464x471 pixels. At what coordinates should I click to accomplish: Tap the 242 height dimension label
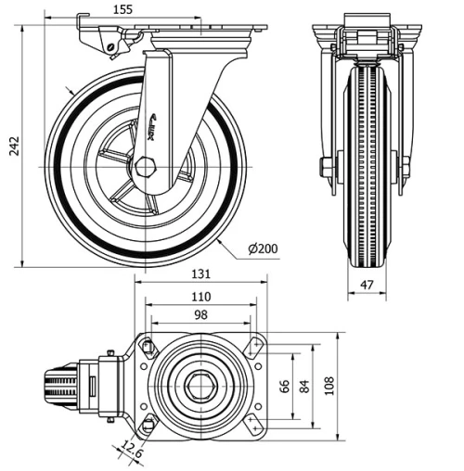[x=13, y=147]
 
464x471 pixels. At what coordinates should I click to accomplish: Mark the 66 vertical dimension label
[x=285, y=385]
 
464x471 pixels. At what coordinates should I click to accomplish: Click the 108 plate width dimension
[x=328, y=385]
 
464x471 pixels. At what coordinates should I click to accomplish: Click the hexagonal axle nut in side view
[x=145, y=167]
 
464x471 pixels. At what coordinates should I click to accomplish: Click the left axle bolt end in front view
[x=326, y=168]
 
